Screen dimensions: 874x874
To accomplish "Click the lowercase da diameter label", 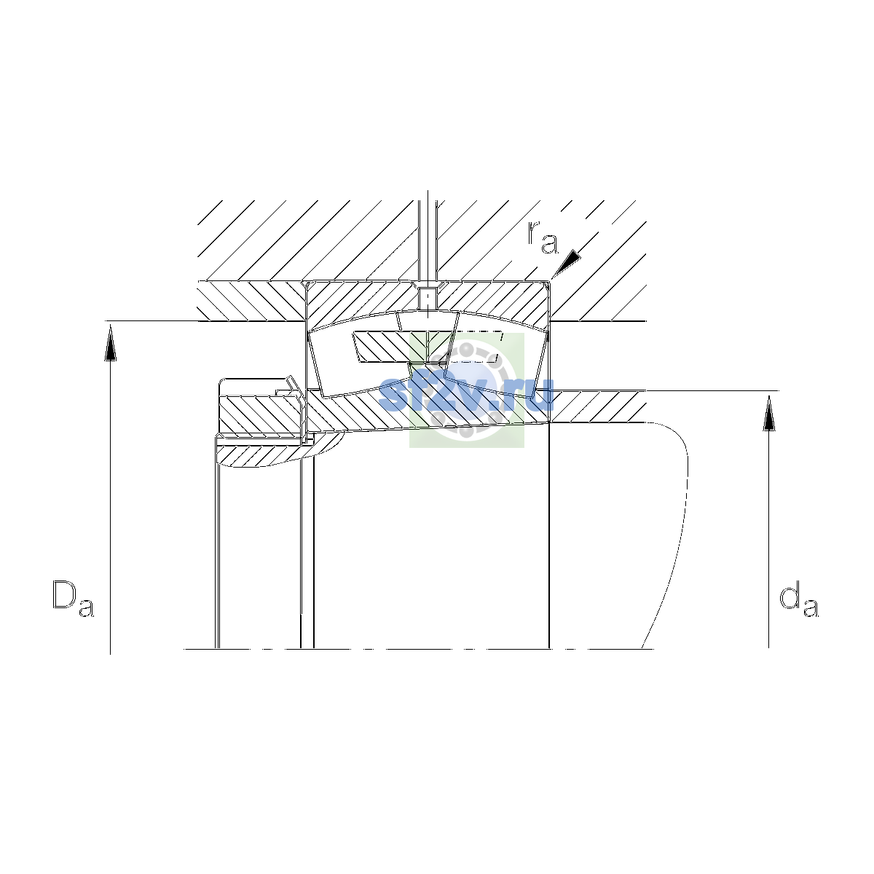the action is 798,602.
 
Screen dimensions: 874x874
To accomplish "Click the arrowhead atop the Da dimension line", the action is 110,344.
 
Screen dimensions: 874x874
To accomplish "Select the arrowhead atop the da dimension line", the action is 769,413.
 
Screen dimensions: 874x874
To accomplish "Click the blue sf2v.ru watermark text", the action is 466,394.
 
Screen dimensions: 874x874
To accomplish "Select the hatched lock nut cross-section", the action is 260,415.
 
